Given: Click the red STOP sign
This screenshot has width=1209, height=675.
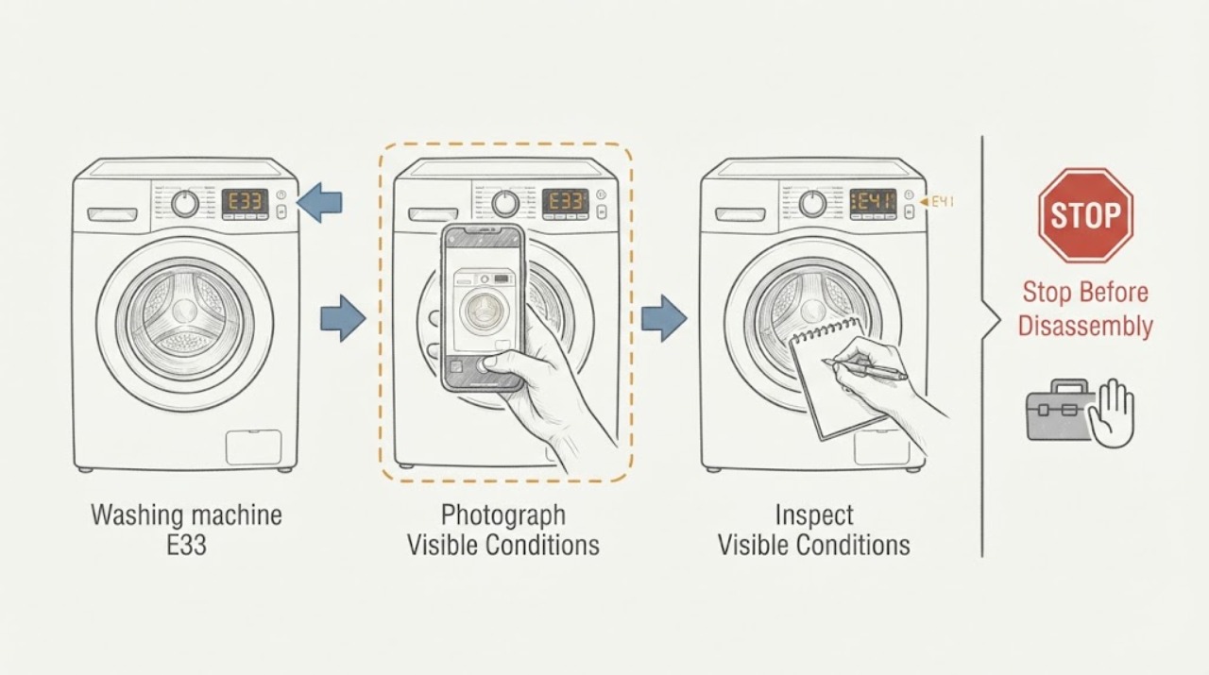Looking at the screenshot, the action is [1085, 216].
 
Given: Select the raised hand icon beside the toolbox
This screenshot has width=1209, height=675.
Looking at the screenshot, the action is [1112, 413].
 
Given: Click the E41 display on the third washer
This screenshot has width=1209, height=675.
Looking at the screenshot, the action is [873, 202].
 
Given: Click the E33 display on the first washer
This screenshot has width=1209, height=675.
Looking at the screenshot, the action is [245, 202].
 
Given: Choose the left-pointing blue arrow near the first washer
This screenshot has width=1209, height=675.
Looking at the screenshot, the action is [319, 202].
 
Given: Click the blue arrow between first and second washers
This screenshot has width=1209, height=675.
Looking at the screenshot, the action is [343, 318].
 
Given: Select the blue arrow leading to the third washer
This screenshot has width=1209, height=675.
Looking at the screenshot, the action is [664, 318].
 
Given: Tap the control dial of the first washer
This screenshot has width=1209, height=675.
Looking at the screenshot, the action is [185, 204].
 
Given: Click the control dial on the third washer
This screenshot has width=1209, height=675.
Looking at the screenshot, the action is [812, 204].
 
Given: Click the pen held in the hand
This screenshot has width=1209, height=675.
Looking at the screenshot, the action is [865, 368].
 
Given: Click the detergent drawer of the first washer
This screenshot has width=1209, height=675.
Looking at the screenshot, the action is [112, 214].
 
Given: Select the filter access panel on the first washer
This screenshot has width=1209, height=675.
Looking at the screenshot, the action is [254, 447].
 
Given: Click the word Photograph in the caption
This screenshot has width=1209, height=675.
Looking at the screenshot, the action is [503, 515].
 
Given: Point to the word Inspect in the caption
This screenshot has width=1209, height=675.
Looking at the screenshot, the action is [814, 515].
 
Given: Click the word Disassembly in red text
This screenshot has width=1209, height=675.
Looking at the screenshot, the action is [1085, 327].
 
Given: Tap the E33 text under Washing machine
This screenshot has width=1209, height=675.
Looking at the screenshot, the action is [186, 545].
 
